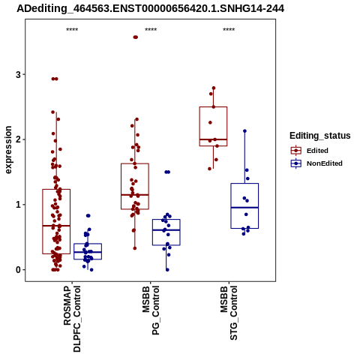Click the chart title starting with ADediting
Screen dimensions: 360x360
[150, 9]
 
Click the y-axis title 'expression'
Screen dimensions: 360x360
[8, 150]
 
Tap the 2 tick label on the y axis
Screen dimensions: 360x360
[18, 139]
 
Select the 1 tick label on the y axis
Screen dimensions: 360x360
[18, 205]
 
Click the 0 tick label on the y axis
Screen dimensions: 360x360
[18, 270]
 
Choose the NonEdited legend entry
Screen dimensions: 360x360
[316, 163]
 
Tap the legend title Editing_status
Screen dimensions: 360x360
[320, 136]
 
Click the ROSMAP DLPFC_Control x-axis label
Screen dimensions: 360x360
[72, 319]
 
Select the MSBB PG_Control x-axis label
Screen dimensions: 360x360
[151, 310]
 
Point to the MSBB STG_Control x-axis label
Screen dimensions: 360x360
[229, 313]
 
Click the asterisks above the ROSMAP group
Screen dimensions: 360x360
[72, 30]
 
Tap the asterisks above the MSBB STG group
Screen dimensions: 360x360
[229, 30]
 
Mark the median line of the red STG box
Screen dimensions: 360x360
[213, 139]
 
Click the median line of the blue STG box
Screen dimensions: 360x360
[244, 208]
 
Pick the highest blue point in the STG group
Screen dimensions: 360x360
[244, 131]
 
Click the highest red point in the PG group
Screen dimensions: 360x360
[136, 37]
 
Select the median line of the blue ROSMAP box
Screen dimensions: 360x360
[88, 252]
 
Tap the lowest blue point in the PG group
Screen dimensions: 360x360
[167, 270]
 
